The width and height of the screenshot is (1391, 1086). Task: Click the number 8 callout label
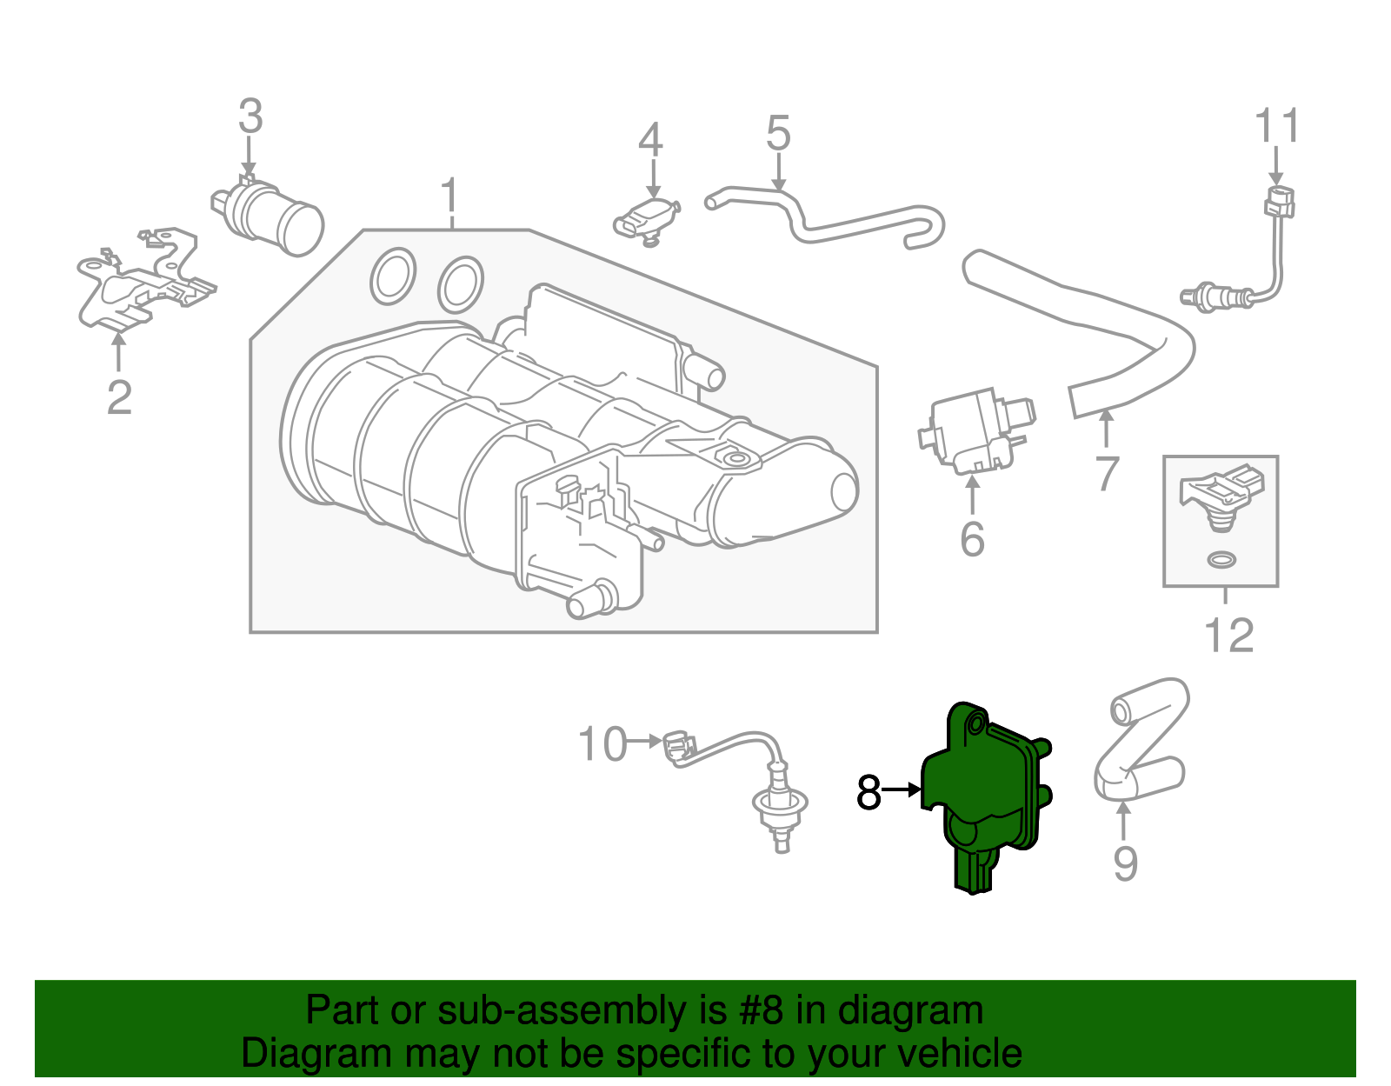tap(869, 791)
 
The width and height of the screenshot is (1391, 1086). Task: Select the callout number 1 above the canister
tap(449, 197)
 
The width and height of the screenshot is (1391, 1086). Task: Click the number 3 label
tap(250, 117)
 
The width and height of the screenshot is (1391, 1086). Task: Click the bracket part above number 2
tap(143, 283)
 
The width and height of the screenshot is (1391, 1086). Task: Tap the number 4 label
tap(650, 140)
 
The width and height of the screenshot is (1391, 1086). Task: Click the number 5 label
tap(778, 134)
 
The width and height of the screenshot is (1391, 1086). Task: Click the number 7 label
tap(1107, 474)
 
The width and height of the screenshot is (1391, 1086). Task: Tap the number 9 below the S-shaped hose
tap(1125, 863)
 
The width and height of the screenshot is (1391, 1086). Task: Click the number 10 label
tap(602, 745)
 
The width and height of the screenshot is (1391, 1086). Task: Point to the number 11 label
tap(1276, 127)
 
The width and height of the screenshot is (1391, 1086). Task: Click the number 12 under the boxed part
tap(1228, 636)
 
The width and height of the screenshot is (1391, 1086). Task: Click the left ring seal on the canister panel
tap(393, 276)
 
